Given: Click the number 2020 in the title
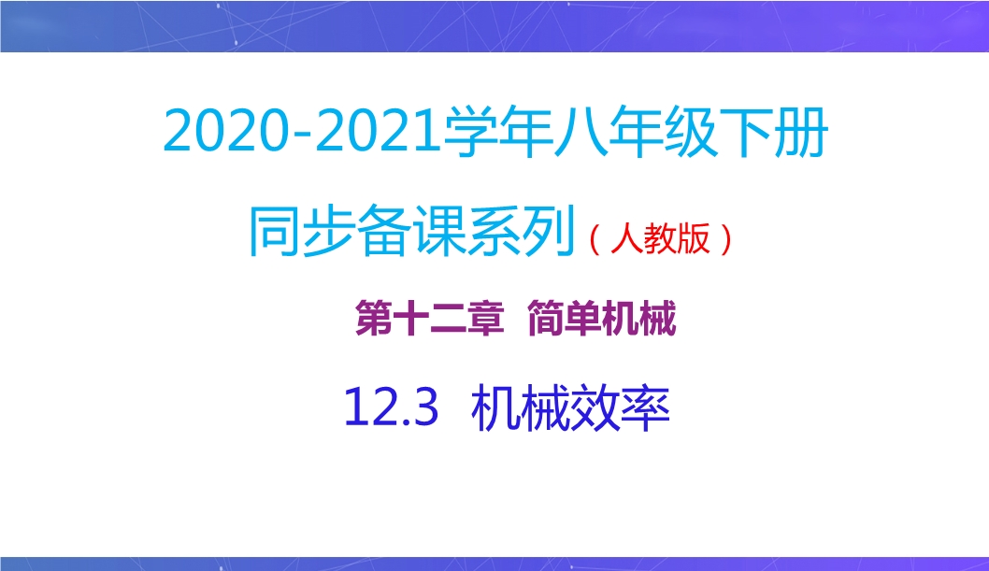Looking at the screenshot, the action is [225, 132].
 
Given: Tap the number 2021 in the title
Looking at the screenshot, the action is [377, 132].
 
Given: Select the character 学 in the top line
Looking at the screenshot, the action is [470, 133].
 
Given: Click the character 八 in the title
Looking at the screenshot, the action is [580, 133].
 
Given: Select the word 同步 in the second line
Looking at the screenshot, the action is [303, 232].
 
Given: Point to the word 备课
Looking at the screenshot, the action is [412, 232].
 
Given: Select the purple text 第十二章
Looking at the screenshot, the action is [430, 319].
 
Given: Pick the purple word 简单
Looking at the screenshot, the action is [564, 319].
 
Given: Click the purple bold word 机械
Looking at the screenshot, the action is [639, 319].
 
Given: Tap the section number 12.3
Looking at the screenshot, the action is [391, 407].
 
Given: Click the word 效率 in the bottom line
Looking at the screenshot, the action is [620, 407].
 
